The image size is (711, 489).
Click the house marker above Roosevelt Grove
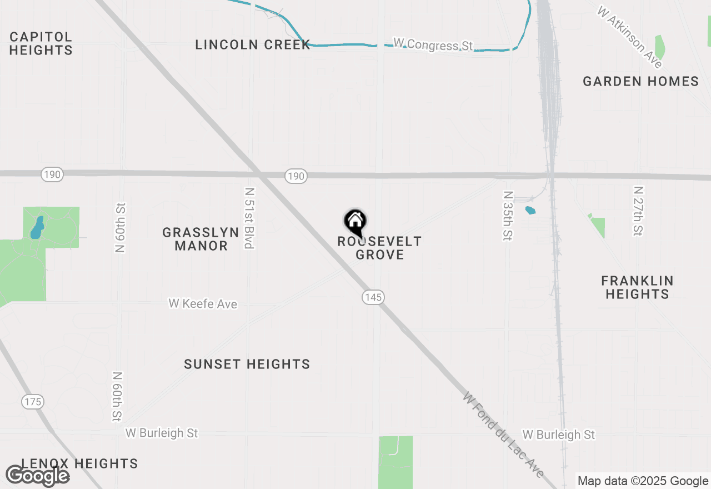(x=355, y=222)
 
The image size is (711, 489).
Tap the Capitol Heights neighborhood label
(x=41, y=43)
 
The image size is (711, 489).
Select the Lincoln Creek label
(x=253, y=45)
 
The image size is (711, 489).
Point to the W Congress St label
(x=433, y=44)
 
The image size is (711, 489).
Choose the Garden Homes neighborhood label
(x=640, y=82)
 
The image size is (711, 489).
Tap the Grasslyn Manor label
(x=201, y=239)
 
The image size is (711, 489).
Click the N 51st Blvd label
(x=249, y=218)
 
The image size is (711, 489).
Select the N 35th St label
(x=507, y=216)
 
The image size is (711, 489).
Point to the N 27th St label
(x=638, y=211)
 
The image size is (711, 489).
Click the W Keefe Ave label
(x=203, y=304)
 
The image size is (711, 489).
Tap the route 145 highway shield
(x=373, y=297)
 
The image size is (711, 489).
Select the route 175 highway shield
(x=33, y=402)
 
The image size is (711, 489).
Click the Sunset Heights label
(x=247, y=365)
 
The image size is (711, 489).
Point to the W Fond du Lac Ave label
(x=503, y=435)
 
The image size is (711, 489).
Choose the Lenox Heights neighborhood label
(x=79, y=463)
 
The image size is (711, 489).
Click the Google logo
(x=37, y=476)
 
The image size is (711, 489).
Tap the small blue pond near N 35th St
(x=530, y=211)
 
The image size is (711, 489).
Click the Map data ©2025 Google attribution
(x=643, y=481)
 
